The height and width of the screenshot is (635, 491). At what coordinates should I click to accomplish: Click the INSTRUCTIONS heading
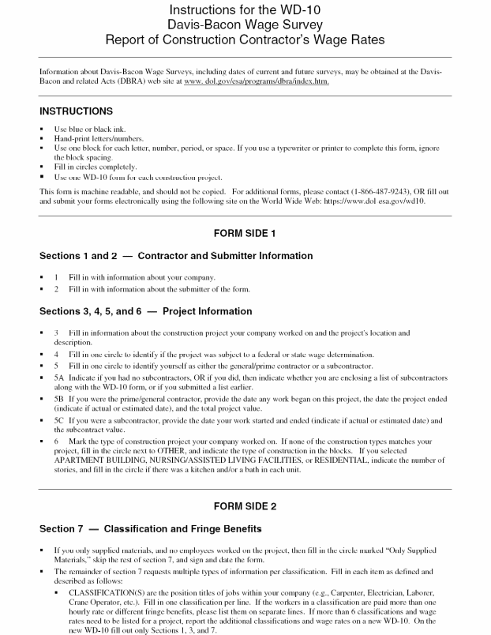(x=76, y=111)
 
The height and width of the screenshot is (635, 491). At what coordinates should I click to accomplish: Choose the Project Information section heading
(x=207, y=311)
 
